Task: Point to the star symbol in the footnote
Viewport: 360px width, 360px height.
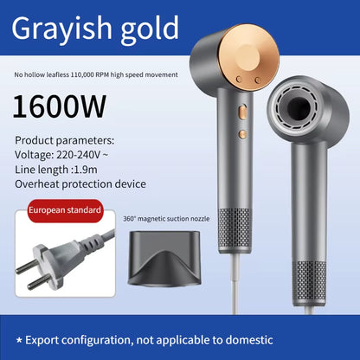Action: click(x=19, y=340)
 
